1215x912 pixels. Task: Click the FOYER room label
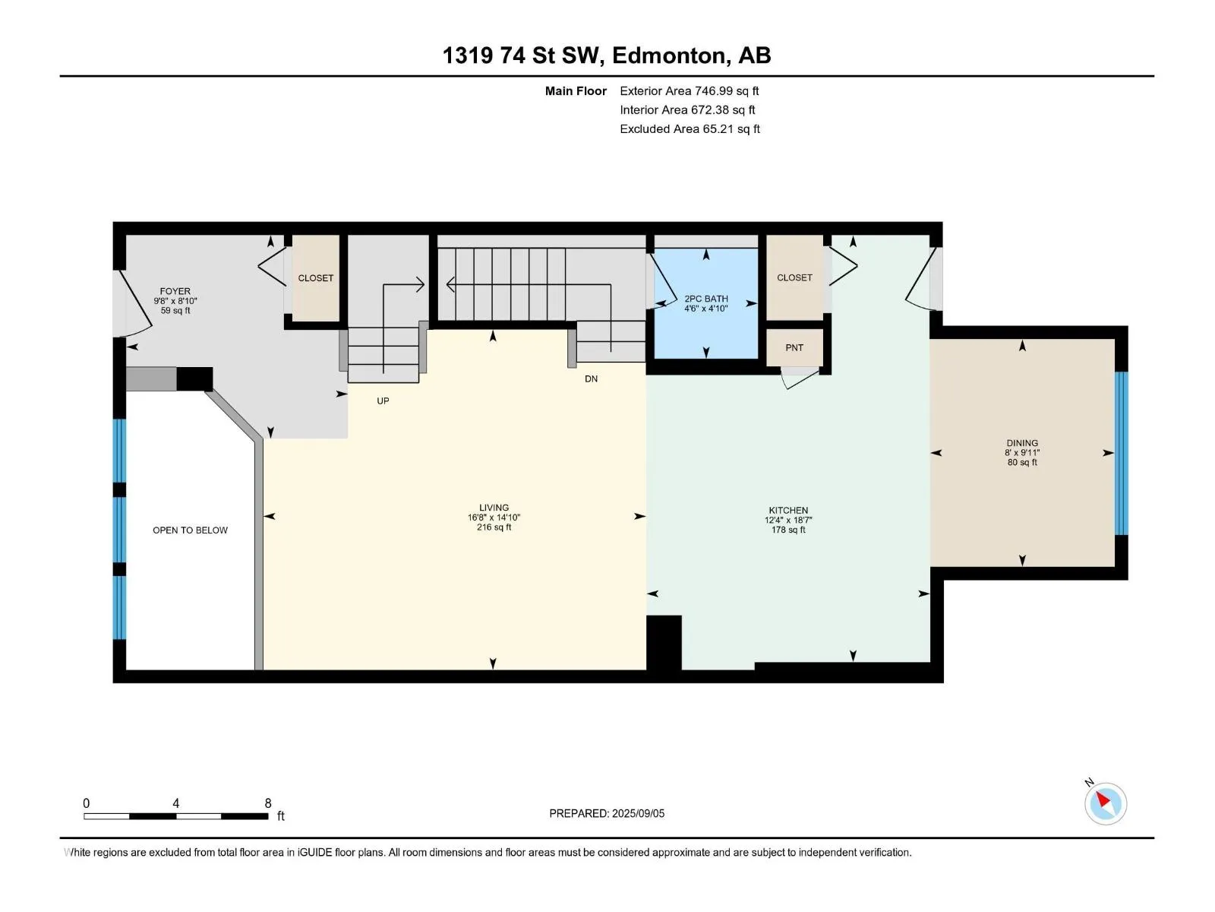tap(175, 291)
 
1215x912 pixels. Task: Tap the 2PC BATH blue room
tap(705, 303)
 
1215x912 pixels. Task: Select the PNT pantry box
tap(794, 347)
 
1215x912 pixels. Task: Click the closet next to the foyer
tap(315, 277)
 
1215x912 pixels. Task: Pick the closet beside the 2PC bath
tap(794, 277)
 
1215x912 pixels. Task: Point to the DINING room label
tap(1022, 443)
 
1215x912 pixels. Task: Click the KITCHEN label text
tap(788, 510)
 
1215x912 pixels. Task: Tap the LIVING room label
tap(494, 507)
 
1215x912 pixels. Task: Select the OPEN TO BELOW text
tap(190, 530)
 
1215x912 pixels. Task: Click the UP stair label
tap(383, 401)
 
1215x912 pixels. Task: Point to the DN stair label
tap(591, 378)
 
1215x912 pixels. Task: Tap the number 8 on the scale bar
tap(268, 803)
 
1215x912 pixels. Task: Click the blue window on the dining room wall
tap(1121, 453)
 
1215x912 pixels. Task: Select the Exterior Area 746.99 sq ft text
tap(690, 90)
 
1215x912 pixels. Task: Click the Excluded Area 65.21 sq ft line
tap(690, 129)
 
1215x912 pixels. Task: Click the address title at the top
tap(607, 55)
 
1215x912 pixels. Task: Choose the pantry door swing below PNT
tap(799, 378)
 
